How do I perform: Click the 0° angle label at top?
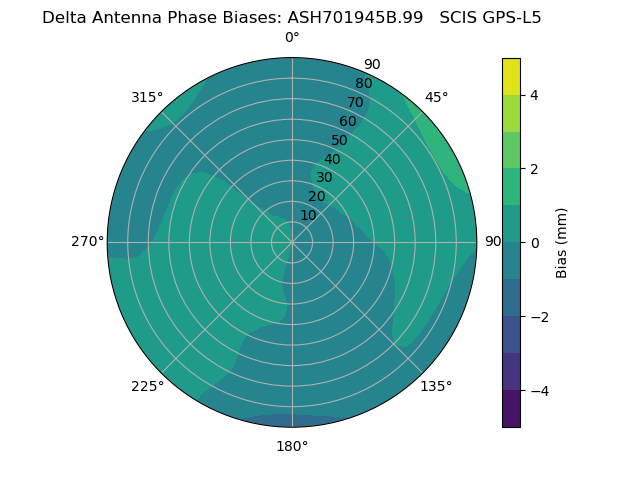[x=292, y=38]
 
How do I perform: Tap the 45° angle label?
[x=436, y=97]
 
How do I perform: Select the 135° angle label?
[x=436, y=386]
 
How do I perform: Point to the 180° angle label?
[x=292, y=446]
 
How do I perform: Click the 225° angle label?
[x=147, y=387]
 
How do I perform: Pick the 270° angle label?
[x=87, y=241]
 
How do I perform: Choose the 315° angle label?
[x=147, y=97]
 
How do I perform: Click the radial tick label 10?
[x=308, y=215]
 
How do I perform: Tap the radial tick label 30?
[x=324, y=177]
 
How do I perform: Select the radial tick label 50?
[x=339, y=140]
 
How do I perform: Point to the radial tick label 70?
[x=355, y=102]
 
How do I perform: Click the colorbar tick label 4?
[x=534, y=95]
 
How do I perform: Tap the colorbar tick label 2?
[x=534, y=169]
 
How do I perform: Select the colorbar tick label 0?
[x=534, y=242]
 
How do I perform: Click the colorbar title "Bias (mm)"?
[x=562, y=243]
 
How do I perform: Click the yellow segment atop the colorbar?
[x=511, y=76]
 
